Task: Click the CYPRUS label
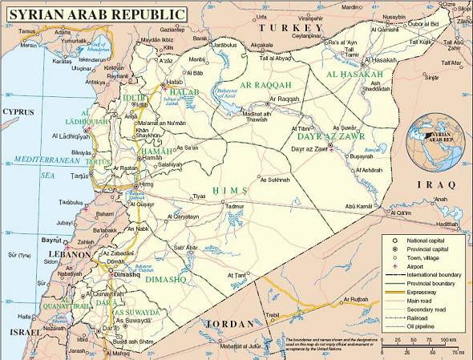[x=18, y=111]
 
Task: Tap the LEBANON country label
[x=68, y=254]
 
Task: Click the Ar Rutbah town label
[x=354, y=299]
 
